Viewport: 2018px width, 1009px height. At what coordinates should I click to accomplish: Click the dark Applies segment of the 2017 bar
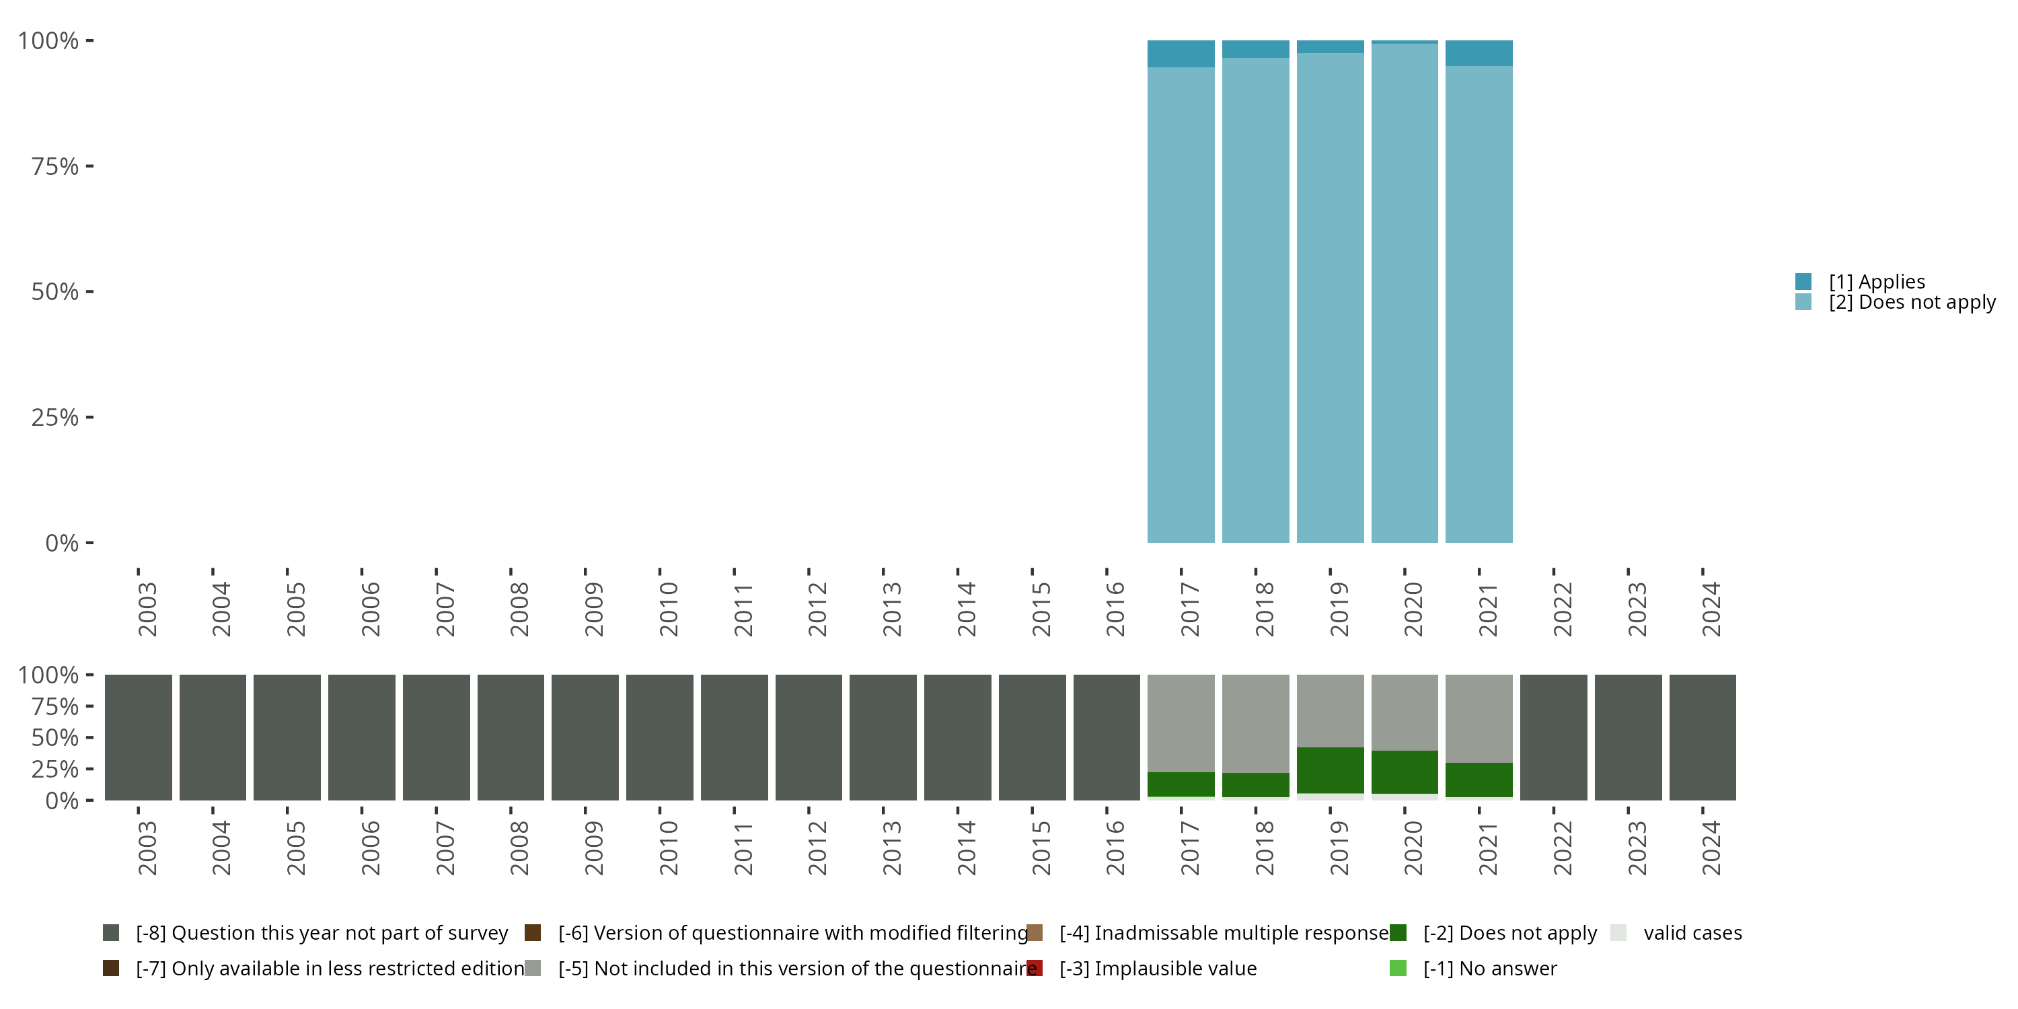(1181, 53)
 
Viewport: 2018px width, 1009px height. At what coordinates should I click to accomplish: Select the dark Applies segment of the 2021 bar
(1479, 52)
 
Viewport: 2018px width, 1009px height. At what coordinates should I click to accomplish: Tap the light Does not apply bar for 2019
(1329, 298)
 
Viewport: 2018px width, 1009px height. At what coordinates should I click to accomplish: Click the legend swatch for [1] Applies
(1803, 281)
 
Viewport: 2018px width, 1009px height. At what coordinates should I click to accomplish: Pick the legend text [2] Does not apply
(1912, 303)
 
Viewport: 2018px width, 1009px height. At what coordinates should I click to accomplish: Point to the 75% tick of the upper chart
(89, 166)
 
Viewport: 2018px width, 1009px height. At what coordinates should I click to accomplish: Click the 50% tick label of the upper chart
(55, 292)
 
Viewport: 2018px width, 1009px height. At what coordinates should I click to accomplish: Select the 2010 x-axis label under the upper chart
(668, 609)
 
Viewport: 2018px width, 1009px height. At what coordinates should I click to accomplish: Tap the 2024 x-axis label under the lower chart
(1711, 848)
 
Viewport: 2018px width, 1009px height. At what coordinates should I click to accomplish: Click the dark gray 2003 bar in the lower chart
(138, 737)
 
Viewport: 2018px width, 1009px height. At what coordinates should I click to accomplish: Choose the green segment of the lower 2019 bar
(1329, 770)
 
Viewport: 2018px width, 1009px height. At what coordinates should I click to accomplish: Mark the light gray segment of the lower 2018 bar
(1255, 723)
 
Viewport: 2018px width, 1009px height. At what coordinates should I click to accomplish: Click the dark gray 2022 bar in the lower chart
(1553, 737)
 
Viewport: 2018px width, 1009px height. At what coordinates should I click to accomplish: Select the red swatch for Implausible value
(1034, 968)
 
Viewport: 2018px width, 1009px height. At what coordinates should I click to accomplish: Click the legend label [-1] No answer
(1489, 968)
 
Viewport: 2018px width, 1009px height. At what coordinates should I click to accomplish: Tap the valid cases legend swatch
(1618, 933)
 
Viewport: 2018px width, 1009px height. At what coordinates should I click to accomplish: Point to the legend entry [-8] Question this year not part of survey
(321, 933)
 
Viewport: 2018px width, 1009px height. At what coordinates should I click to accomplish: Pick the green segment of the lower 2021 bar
(1479, 780)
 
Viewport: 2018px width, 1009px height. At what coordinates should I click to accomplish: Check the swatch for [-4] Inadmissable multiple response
(1034, 933)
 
